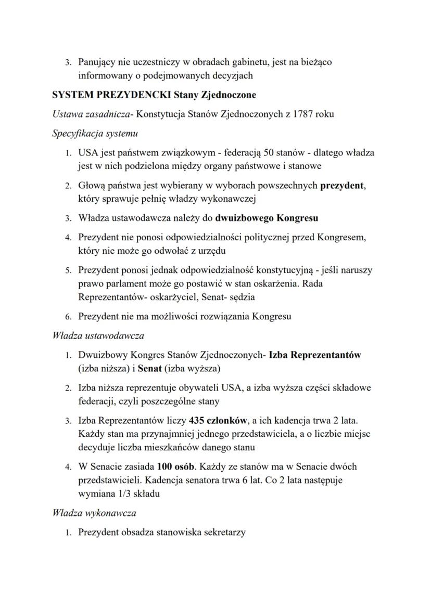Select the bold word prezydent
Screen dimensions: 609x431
pyautogui.click(x=343, y=185)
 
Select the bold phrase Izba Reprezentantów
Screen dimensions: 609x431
pyautogui.click(x=315, y=356)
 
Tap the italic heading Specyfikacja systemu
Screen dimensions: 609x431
pyautogui.click(x=95, y=134)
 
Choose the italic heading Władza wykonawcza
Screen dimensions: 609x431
pyautogui.click(x=94, y=513)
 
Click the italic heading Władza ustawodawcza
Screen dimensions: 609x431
pyautogui.click(x=98, y=336)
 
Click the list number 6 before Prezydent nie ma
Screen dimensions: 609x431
pyautogui.click(x=68, y=317)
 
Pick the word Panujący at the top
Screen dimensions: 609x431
pyautogui.click(x=97, y=62)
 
